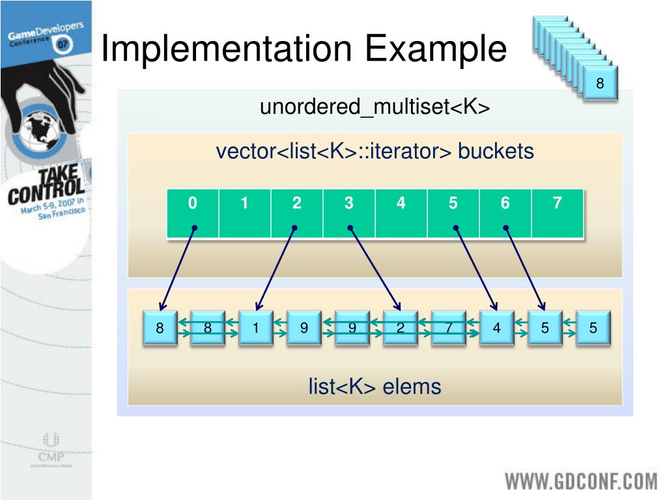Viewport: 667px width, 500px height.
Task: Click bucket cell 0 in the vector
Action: (x=193, y=213)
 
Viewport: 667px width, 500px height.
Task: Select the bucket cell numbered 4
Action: (x=401, y=213)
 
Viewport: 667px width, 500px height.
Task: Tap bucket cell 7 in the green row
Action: (x=558, y=213)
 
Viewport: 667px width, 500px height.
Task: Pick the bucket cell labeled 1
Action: (x=245, y=213)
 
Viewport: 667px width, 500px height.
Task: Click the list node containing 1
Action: (x=256, y=328)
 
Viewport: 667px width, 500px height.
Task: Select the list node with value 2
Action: (x=401, y=328)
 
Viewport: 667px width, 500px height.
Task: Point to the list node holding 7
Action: (x=449, y=328)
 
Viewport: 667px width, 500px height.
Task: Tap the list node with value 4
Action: (x=497, y=328)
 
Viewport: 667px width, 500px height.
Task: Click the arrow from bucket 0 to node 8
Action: (x=177, y=267)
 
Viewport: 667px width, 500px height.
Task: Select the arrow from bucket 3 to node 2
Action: (x=375, y=267)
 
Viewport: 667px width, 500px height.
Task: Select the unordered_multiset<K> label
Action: (x=375, y=107)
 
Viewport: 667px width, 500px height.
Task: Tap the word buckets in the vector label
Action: (x=496, y=152)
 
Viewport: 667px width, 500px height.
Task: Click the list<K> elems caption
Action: (x=375, y=387)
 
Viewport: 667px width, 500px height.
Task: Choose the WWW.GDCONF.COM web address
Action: (x=582, y=481)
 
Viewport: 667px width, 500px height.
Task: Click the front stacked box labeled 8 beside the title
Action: (x=600, y=83)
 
